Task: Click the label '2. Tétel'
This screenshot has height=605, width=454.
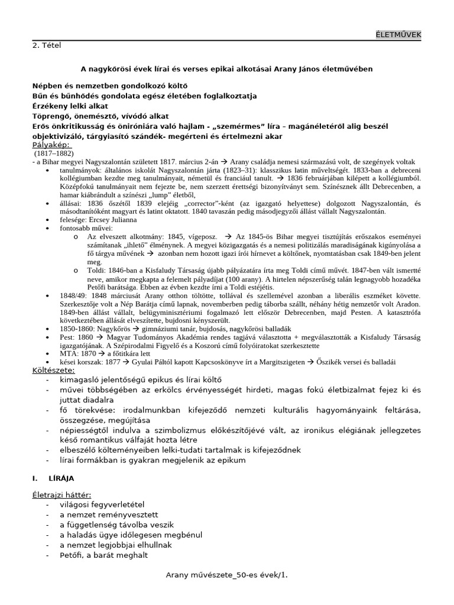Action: [x=46, y=44]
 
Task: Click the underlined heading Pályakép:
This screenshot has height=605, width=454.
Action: [x=50, y=144]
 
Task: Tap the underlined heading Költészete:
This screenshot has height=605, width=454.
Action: [x=53, y=370]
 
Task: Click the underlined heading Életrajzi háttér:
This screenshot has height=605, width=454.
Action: [x=61, y=495]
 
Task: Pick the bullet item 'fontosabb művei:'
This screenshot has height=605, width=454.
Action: [x=85, y=227]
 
